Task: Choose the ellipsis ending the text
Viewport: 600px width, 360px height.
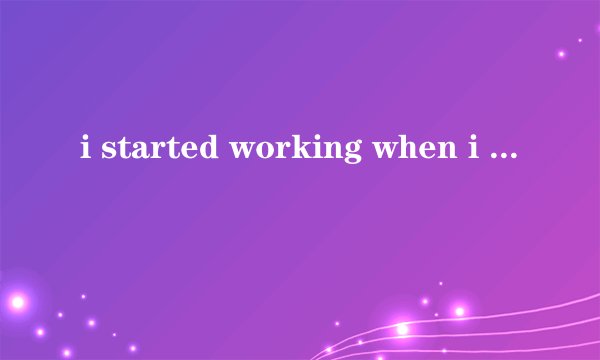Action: pyautogui.click(x=499, y=156)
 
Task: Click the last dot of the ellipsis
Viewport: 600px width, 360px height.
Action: pyautogui.click(x=513, y=156)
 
